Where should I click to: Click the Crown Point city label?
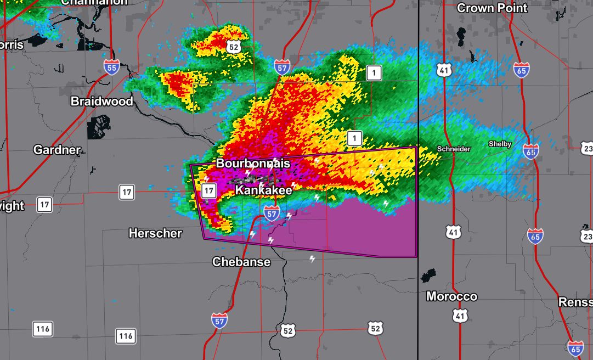point(492,8)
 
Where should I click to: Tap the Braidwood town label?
point(101,102)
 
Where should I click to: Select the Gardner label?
point(57,150)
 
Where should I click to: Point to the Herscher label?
point(155,233)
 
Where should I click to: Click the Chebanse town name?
point(241,262)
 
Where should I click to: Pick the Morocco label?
point(451,296)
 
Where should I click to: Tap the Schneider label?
point(453,149)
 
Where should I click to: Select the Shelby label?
point(500,144)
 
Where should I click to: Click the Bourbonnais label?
point(252,164)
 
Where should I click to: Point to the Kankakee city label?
point(263,190)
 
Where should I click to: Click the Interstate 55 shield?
point(111,67)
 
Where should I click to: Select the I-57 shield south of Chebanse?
point(219,320)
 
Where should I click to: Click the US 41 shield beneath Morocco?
point(460,315)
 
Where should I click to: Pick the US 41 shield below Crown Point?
point(444,69)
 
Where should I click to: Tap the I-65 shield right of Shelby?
point(530,151)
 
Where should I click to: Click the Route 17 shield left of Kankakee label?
point(208,190)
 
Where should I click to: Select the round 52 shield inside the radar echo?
point(234,47)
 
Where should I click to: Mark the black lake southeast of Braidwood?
point(99,128)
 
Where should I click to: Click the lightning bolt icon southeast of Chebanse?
point(313,259)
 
